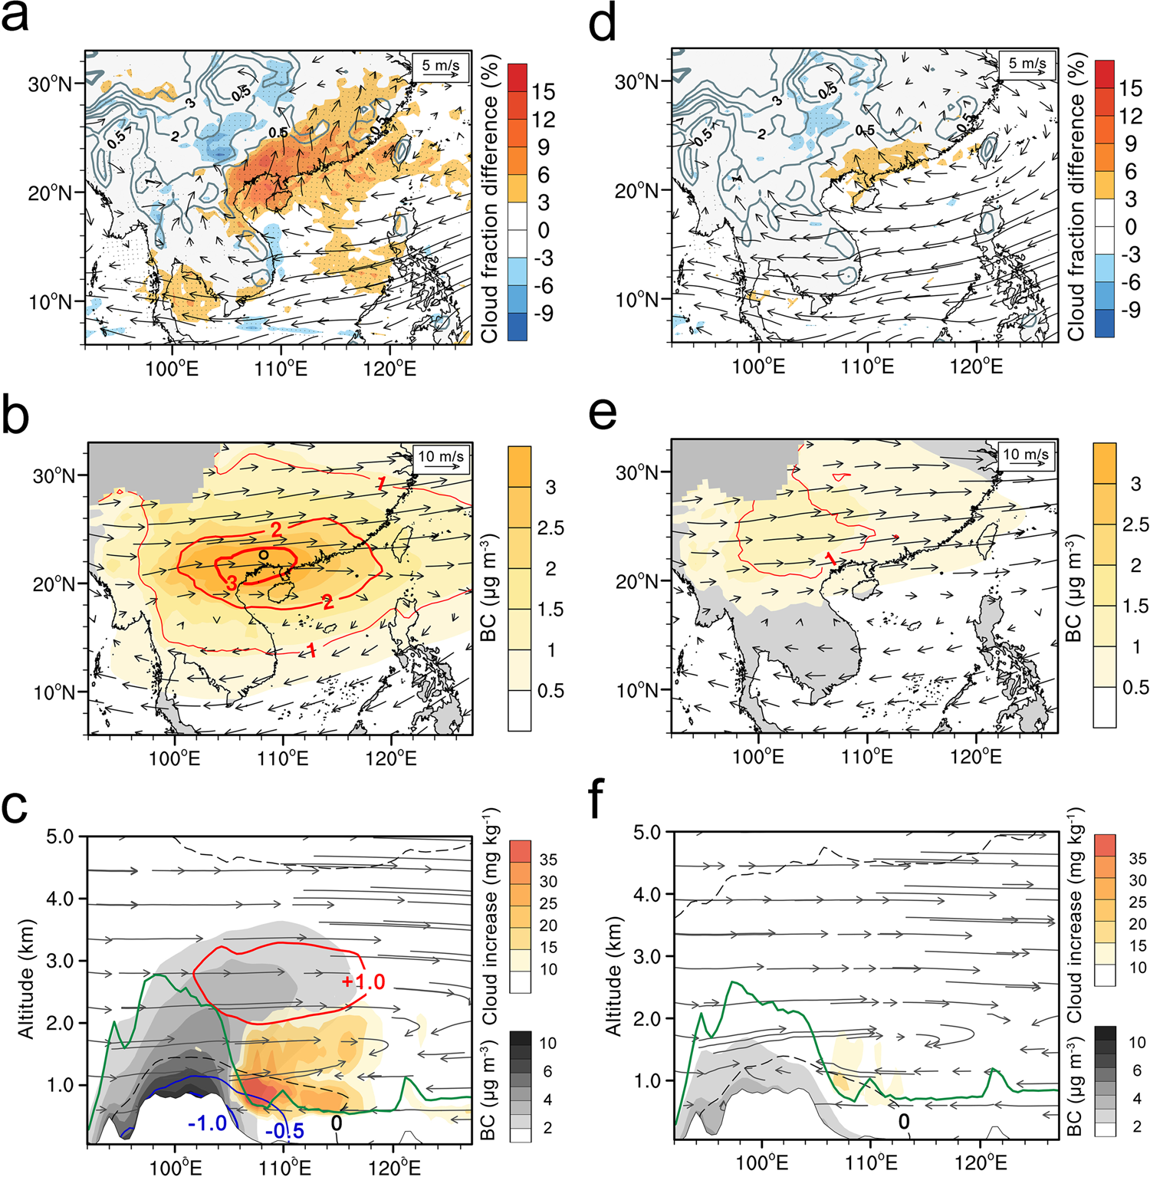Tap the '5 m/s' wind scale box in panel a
(440, 67)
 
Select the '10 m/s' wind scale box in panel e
(1026, 455)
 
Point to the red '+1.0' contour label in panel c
(363, 982)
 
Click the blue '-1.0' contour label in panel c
(207, 1123)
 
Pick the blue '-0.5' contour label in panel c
(284, 1131)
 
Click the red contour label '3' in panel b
(232, 584)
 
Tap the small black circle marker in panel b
(263, 554)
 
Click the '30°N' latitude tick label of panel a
(50, 84)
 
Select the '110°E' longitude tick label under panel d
(867, 367)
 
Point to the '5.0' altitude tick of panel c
(60, 837)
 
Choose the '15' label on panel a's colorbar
(543, 92)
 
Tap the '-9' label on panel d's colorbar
(1131, 310)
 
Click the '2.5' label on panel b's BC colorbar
(550, 528)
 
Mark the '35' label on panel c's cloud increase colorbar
(547, 860)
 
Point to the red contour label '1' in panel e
(831, 560)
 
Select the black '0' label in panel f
(904, 1122)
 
